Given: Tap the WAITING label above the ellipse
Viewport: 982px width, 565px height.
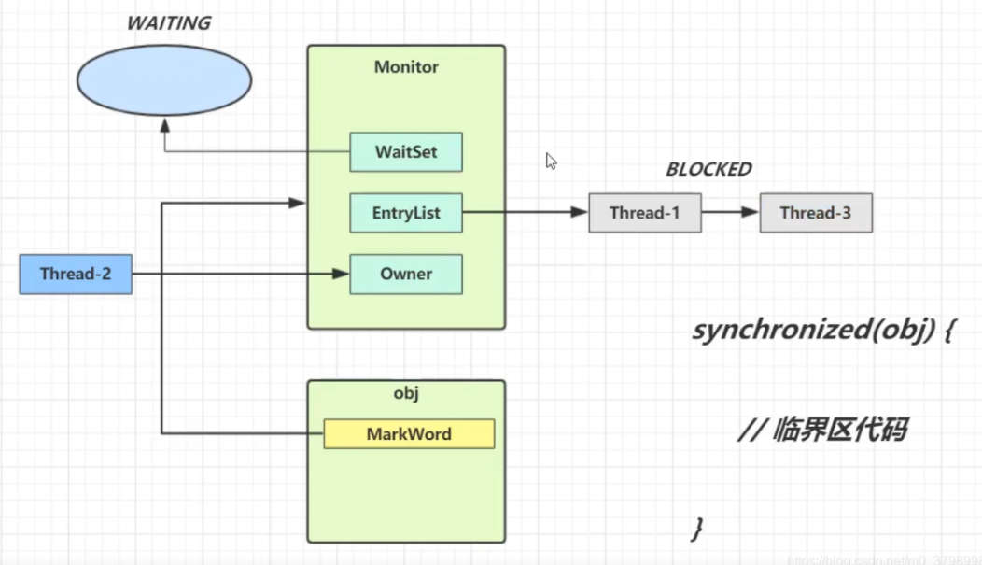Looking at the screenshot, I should coord(170,22).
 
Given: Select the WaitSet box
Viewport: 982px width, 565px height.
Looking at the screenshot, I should coord(406,151).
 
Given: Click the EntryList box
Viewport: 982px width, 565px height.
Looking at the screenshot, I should coord(406,213).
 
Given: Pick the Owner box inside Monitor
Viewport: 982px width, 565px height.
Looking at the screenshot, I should coord(406,275).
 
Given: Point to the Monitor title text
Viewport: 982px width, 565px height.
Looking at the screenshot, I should coord(406,67).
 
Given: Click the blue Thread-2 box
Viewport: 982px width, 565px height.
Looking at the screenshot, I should coord(76,275).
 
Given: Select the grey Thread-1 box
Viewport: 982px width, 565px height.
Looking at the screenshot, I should coord(644,213).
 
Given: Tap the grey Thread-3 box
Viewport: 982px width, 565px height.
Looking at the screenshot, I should coord(815,213).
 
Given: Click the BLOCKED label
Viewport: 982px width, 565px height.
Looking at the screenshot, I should coord(708,169).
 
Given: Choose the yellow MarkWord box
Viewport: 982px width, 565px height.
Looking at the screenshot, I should coord(409,434).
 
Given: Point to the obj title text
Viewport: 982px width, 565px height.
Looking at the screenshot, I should coord(406,394).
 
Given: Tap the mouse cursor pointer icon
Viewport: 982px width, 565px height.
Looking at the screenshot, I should coord(551,161).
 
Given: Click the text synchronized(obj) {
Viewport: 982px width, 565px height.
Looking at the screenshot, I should coord(821,331).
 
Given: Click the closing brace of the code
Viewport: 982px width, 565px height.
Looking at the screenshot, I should coord(696,528).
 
